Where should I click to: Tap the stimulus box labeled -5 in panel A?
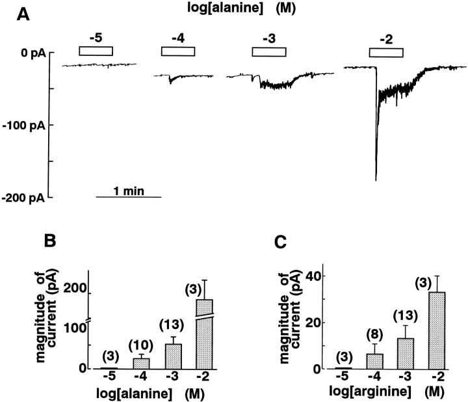96,51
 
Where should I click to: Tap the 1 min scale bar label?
127,191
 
